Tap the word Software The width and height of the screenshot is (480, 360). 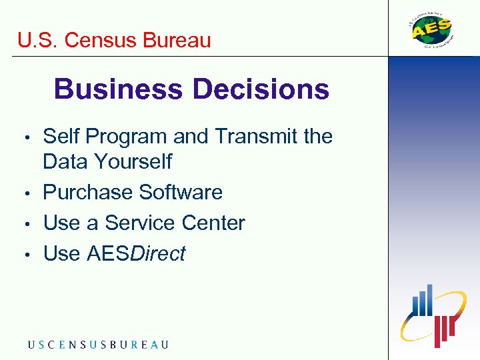click(x=179, y=193)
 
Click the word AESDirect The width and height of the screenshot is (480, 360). click(x=136, y=254)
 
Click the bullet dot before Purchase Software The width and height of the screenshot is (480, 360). click(x=26, y=194)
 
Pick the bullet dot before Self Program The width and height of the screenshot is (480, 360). click(x=26, y=138)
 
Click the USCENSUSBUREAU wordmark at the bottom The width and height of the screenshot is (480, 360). click(x=98, y=345)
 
